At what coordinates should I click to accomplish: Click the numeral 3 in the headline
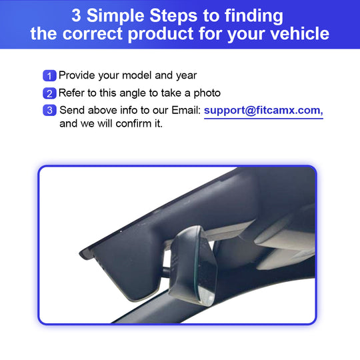click(76, 15)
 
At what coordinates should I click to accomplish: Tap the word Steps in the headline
click(173, 16)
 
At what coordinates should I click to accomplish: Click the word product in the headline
click(161, 35)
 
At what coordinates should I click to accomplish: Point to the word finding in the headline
click(254, 16)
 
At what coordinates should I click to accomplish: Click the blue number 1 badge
click(49, 75)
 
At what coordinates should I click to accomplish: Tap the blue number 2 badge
click(49, 93)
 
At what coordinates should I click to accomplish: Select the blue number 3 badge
click(49, 110)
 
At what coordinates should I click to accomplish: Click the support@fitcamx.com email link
click(263, 111)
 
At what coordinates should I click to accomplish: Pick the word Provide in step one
click(77, 75)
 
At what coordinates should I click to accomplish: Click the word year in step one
click(187, 76)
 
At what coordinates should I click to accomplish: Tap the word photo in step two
click(207, 93)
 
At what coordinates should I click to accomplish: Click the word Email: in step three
click(186, 110)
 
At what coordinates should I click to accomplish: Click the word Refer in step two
click(71, 93)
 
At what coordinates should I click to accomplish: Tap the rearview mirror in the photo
click(193, 265)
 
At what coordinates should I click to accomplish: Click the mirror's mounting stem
click(167, 272)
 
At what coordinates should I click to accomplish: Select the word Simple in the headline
click(115, 16)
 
